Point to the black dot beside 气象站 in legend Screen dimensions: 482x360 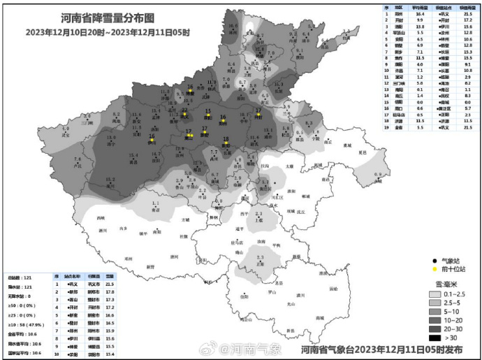434,259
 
